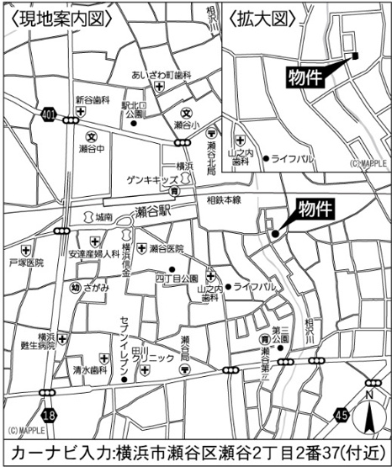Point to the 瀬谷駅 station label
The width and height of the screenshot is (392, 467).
tap(153, 211)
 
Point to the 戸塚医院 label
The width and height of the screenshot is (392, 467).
tap(25, 263)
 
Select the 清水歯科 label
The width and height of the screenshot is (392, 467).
tap(88, 369)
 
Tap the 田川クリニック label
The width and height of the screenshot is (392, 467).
tap(154, 358)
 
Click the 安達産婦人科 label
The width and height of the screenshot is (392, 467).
tap(93, 252)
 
